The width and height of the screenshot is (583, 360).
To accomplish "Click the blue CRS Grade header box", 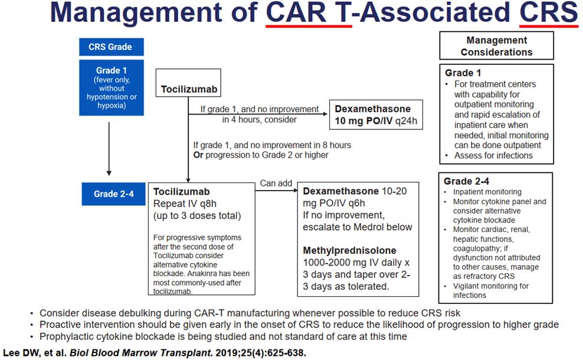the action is (x=111, y=47).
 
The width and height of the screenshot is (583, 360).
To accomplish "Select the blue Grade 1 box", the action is (x=111, y=88).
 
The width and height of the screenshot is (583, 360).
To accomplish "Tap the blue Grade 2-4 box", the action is (x=113, y=194).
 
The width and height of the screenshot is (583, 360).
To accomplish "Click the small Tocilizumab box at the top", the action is (x=188, y=83).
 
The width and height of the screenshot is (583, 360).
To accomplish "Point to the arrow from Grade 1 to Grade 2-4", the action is (x=109, y=149).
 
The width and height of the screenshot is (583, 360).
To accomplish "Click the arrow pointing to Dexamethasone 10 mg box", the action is (x=258, y=114).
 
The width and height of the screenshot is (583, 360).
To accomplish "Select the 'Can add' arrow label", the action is (x=276, y=184).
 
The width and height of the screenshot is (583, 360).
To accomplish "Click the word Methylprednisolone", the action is (x=349, y=250).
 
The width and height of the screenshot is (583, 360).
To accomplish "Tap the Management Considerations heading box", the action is (x=496, y=46).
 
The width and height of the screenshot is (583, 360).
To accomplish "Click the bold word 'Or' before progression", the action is (x=198, y=155).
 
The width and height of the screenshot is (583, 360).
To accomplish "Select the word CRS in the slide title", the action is (x=548, y=12).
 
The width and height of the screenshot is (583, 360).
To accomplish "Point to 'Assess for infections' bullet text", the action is (x=493, y=155).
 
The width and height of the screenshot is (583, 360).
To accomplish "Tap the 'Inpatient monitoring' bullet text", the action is (x=487, y=192).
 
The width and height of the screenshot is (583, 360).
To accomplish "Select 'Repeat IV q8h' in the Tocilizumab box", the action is (x=185, y=204).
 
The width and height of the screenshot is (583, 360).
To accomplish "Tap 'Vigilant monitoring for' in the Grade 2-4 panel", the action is (x=491, y=286).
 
